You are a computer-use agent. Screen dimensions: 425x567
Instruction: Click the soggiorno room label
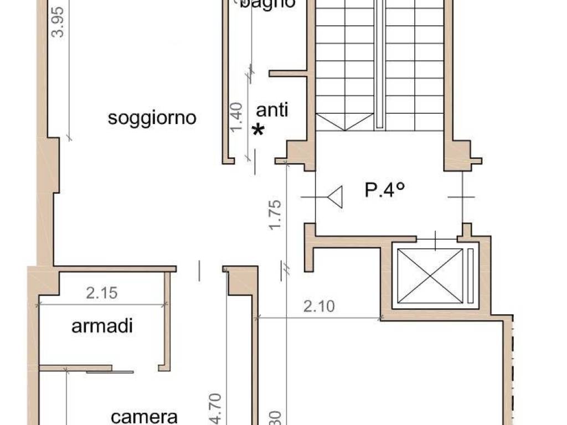pos(152,118)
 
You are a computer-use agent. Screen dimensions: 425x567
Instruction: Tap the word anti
pos(274,110)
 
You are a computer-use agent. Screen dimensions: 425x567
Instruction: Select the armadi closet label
pos(102,326)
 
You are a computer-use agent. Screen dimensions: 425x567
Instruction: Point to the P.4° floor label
pos(385,190)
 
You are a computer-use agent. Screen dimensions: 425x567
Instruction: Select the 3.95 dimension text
pos(58,22)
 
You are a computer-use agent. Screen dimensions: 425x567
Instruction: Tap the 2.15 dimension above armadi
pos(102,293)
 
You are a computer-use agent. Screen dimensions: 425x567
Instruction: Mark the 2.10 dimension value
pos(319,306)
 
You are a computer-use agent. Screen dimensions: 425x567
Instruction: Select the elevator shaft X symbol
pos(430,276)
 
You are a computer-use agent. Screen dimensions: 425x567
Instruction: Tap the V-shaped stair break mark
pos(344,122)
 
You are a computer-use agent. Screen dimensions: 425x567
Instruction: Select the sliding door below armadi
pos(110,371)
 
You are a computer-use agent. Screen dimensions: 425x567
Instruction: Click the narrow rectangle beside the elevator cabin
pos(471,276)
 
